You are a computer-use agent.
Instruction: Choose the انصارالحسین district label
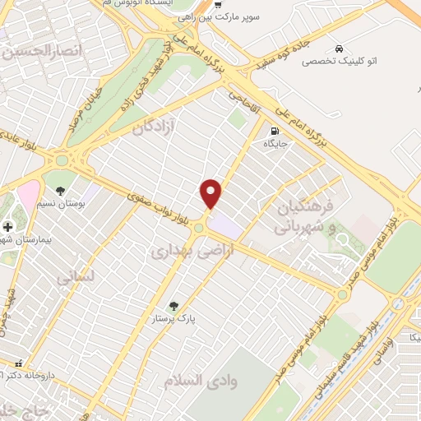pyautogui.click(x=43, y=52)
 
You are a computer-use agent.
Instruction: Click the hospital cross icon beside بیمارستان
pyautogui.click(x=7, y=226)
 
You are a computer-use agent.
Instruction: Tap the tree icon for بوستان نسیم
pyautogui.click(x=60, y=191)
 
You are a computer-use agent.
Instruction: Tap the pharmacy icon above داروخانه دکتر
pyautogui.click(x=18, y=363)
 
